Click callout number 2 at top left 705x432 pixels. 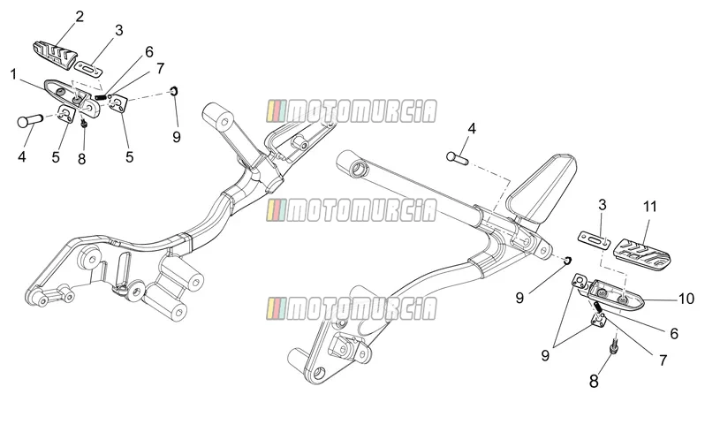point(80,17)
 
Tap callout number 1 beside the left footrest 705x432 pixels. point(13,74)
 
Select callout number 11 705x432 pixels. point(649,207)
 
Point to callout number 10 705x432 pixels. point(686,299)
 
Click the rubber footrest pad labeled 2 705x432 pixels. point(54,55)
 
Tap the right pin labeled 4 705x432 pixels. point(457,157)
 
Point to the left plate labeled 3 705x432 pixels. point(88,69)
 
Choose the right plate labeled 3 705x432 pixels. point(594,239)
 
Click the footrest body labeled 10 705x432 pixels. point(616,296)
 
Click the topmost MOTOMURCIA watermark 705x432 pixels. point(351,111)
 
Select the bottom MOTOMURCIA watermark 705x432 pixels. point(351,308)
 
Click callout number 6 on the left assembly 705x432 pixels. point(148,52)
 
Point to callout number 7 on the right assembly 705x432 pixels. point(663,360)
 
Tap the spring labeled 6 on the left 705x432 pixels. point(101,96)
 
